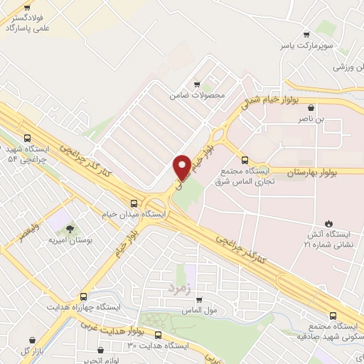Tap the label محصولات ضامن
[197, 95]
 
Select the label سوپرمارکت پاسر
[306, 45]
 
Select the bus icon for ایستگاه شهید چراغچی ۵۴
[27, 139]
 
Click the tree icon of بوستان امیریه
[70, 229]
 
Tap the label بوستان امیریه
[70, 241]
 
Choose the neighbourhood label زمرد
[181, 288]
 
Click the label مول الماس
[199, 311]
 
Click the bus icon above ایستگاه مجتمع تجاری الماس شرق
[245, 160]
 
